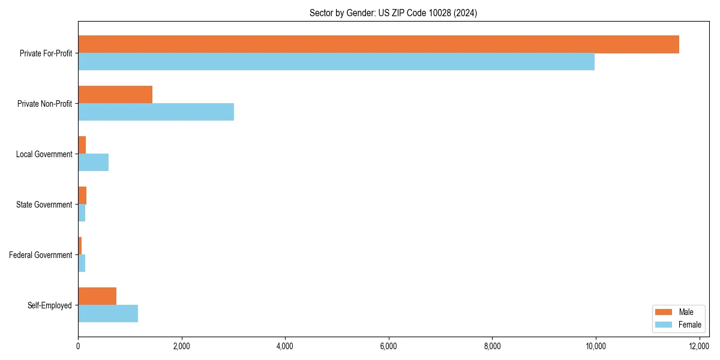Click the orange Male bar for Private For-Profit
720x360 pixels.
pyautogui.click(x=378, y=44)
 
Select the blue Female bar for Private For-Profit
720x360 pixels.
pyautogui.click(x=336, y=62)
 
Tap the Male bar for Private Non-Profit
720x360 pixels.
pyautogui.click(x=115, y=95)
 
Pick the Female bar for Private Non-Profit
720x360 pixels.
pyautogui.click(x=156, y=112)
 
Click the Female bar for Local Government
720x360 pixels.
pyautogui.click(x=94, y=163)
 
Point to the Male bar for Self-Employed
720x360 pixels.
pyautogui.click(x=97, y=296)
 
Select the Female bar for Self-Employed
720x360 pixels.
pyautogui.click(x=108, y=314)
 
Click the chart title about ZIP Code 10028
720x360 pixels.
pyautogui.click(x=393, y=13)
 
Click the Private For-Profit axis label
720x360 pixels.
pyautogui.click(x=46, y=53)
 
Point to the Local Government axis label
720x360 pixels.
pyautogui.click(x=44, y=154)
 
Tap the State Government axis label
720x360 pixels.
pyautogui.click(x=44, y=205)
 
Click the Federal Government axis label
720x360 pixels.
pyautogui.click(x=41, y=255)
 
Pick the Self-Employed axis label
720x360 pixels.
pyautogui.click(x=50, y=305)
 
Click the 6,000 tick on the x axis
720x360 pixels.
pyautogui.click(x=388, y=346)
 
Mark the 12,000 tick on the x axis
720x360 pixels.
pyautogui.click(x=699, y=346)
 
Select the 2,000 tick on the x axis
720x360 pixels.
pyautogui.click(x=181, y=346)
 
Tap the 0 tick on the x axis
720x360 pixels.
pyautogui.click(x=78, y=346)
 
